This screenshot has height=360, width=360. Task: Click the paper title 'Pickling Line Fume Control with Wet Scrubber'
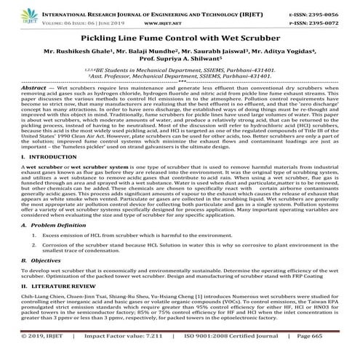[x=179, y=36]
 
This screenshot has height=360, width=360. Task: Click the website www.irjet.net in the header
[x=179, y=23]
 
